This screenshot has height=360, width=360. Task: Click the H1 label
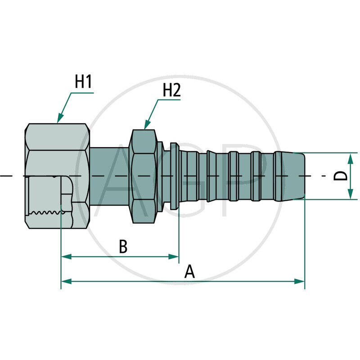(83, 82)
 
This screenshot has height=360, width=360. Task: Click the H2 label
(171, 90)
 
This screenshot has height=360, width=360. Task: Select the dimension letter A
(190, 272)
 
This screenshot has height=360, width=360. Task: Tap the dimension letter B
(123, 247)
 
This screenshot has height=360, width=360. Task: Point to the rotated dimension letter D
(342, 176)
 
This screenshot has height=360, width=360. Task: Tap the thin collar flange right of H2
(174, 175)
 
